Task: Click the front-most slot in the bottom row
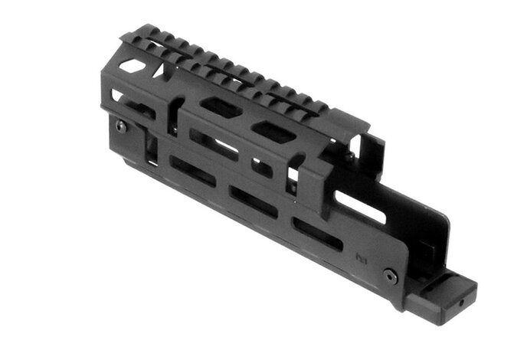[192, 172]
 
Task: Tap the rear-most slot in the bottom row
[317, 234]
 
